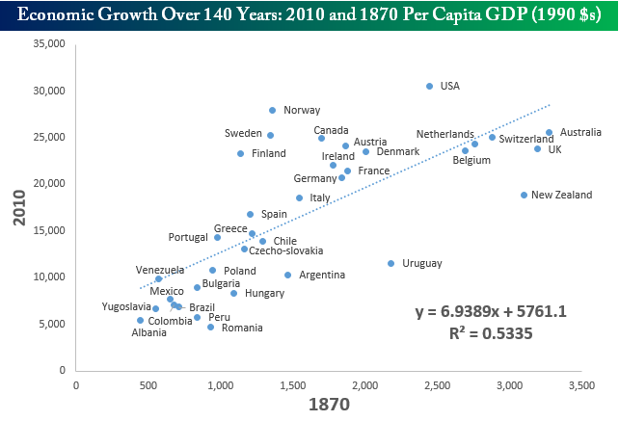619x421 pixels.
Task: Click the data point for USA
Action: pyautogui.click(x=430, y=87)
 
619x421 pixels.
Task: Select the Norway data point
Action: pyautogui.click(x=273, y=111)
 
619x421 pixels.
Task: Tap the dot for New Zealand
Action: pyautogui.click(x=525, y=195)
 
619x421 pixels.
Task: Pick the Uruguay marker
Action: pyautogui.click(x=391, y=263)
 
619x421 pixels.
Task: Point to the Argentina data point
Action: pyautogui.click(x=287, y=275)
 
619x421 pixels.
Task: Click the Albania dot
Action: pyautogui.click(x=140, y=320)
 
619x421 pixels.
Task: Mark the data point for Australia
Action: pyautogui.click(x=550, y=133)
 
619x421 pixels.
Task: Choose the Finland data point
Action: pyautogui.click(x=240, y=153)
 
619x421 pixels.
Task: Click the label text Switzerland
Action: pyautogui.click(x=526, y=140)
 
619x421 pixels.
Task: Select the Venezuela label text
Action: pyautogui.click(x=159, y=270)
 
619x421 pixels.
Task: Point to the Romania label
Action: pyautogui.click(x=242, y=328)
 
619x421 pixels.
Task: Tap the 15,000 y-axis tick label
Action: pyautogui.click(x=45, y=230)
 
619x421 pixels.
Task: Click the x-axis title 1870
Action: pyautogui.click(x=321, y=405)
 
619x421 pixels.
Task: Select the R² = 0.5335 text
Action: pyautogui.click(x=490, y=333)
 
